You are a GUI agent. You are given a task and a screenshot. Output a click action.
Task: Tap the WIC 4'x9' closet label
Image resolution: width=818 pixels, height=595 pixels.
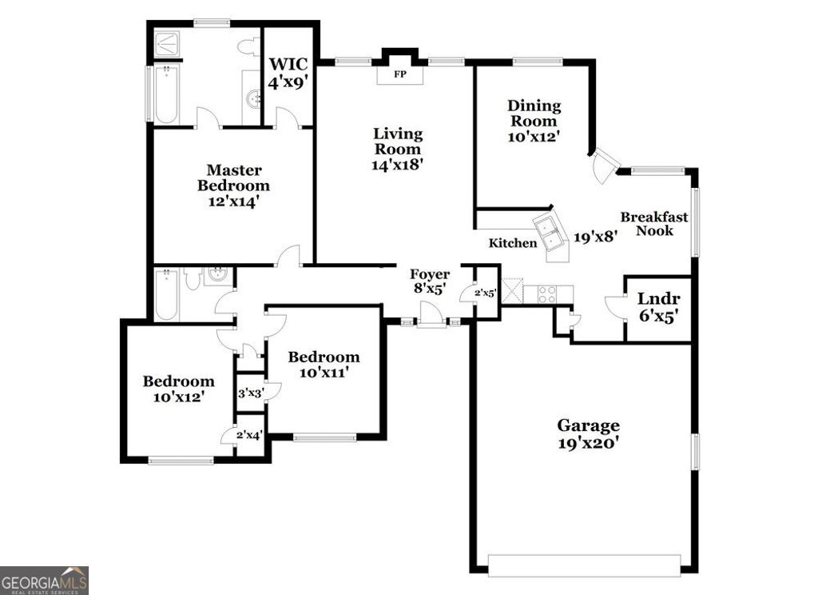288,72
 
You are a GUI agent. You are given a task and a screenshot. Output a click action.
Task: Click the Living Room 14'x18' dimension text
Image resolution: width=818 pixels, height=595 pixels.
397,165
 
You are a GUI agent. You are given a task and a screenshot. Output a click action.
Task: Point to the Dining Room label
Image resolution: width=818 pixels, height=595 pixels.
534,113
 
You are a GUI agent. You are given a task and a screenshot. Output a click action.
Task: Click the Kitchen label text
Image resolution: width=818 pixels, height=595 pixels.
513,243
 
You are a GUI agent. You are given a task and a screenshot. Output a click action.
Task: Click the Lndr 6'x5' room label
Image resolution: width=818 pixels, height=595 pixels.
658,308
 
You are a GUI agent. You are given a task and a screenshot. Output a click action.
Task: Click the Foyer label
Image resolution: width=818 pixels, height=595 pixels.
431,275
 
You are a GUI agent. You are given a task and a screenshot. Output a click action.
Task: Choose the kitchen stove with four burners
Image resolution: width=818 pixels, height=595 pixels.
549,294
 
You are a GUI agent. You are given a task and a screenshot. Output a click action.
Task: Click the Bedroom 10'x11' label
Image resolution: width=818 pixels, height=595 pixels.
324,365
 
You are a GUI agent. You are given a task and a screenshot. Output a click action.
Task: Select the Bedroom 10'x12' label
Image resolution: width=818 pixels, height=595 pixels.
178,389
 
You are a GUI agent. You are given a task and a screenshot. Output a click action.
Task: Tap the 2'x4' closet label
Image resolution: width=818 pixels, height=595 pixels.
249,434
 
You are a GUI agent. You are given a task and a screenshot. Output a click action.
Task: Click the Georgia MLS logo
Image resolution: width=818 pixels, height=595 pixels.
44,580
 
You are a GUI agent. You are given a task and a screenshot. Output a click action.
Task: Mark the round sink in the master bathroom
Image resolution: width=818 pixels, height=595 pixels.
253,100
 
